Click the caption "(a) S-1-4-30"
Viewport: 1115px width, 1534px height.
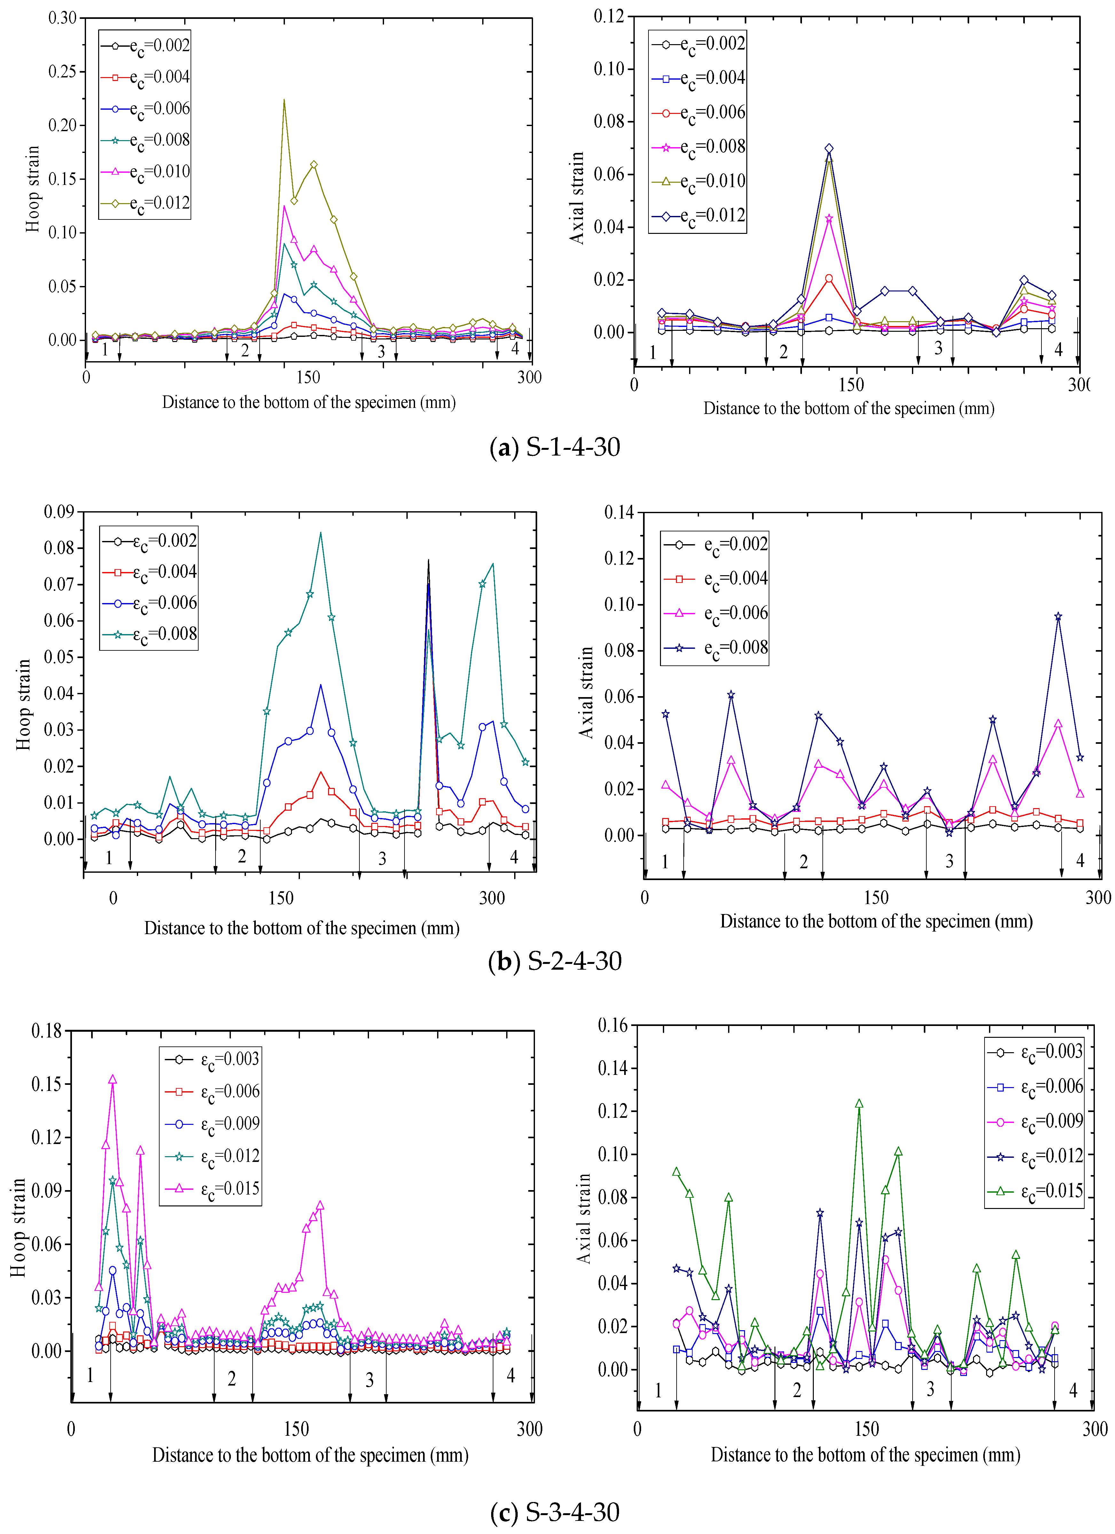(x=554, y=447)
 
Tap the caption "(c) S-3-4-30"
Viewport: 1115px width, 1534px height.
(x=554, y=1512)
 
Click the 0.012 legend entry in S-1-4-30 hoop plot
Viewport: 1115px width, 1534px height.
(x=145, y=203)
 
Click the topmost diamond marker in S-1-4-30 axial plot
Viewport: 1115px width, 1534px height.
(x=829, y=148)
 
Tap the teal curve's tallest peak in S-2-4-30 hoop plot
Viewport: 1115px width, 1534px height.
(x=320, y=533)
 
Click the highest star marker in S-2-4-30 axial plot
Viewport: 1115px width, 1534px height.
(x=1058, y=616)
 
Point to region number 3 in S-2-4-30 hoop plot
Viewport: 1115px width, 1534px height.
(x=382, y=858)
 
